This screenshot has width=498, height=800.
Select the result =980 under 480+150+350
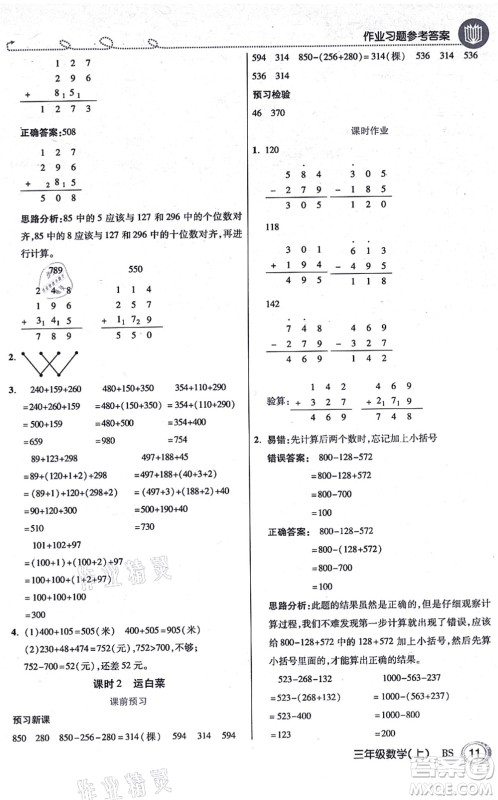coord(123,439)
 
